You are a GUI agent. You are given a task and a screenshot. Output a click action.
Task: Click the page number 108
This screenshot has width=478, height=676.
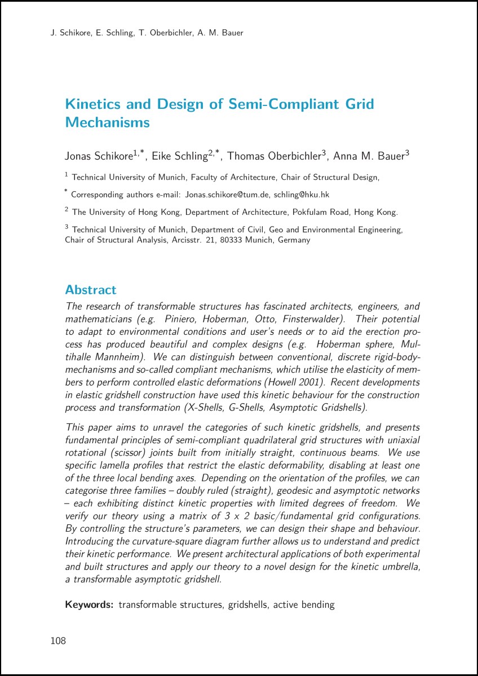[x=58, y=641]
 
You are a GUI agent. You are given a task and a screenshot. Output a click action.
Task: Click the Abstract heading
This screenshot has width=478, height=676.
[x=91, y=290]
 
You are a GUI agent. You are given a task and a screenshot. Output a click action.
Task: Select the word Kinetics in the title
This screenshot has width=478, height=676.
[x=92, y=104]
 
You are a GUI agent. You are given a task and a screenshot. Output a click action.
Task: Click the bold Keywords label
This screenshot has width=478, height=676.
[x=90, y=605]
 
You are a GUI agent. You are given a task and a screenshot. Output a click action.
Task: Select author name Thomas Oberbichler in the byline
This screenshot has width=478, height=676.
[x=275, y=156]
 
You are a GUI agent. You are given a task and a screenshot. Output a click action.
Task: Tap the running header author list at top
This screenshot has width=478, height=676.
[x=147, y=33]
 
